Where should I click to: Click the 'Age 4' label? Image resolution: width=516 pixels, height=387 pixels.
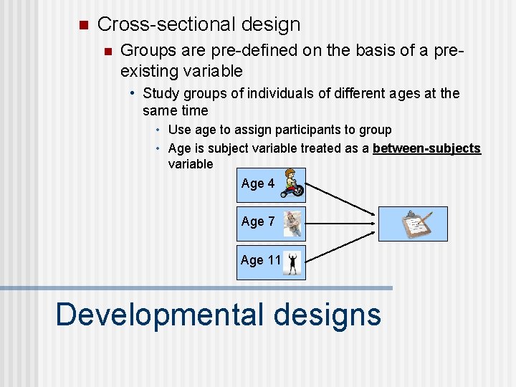[258, 183]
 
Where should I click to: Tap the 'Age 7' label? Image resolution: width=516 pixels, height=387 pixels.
[258, 221]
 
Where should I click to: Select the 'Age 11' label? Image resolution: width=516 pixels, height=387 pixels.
[260, 260]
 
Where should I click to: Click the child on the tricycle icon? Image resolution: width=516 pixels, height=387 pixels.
[292, 183]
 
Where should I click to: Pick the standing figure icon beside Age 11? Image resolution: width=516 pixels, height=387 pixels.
[292, 262]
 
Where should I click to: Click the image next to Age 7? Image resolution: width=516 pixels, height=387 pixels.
[292, 223]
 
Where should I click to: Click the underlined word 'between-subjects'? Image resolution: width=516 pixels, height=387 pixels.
[426, 148]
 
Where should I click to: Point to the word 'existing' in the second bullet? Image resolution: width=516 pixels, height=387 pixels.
[147, 71]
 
